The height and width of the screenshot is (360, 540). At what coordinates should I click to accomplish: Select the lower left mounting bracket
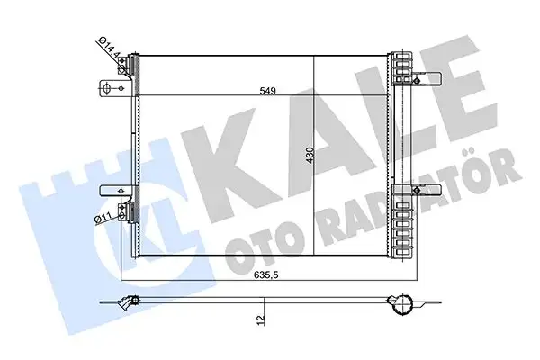(x=111, y=190)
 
